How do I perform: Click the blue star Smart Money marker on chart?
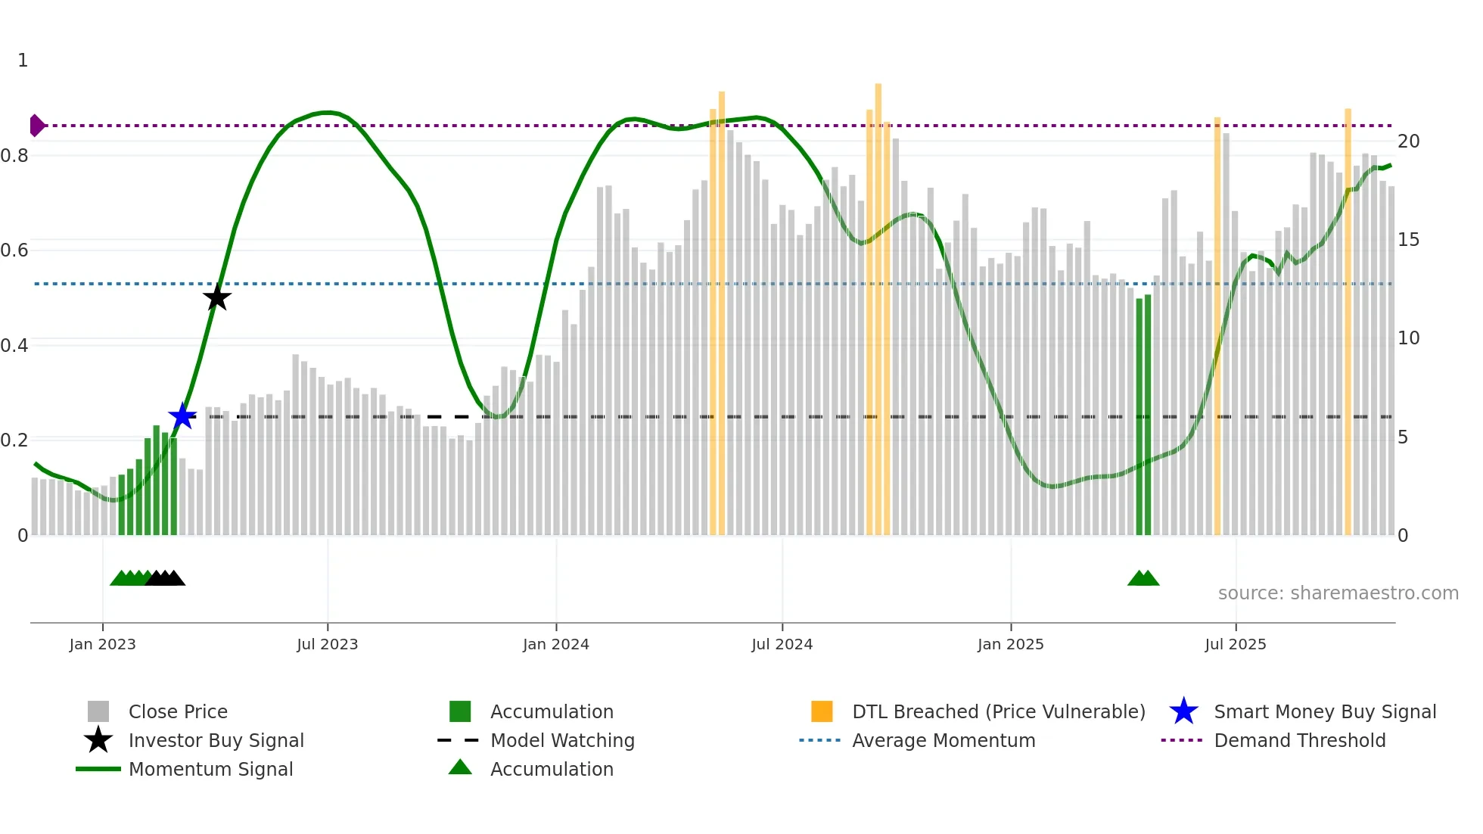coord(182,416)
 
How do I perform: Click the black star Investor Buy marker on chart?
coord(217,297)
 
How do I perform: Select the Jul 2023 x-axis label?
coord(327,644)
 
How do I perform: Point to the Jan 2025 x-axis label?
coord(1010,644)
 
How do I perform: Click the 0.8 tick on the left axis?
coord(15,156)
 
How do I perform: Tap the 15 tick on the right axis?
coord(1408,240)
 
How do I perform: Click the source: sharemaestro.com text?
coord(1338,593)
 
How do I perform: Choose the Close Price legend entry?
coord(178,711)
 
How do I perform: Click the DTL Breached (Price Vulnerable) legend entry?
coord(998,711)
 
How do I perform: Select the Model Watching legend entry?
coord(562,740)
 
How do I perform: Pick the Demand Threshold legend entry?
coord(1299,740)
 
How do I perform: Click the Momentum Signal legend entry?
coord(210,769)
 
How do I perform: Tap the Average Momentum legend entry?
coord(943,740)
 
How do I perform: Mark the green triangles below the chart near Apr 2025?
coord(1143,578)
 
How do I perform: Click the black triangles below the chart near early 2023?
coord(166,578)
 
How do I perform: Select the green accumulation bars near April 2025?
coord(1143,416)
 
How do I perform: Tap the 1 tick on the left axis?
coord(23,61)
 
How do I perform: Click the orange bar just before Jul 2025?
coord(1217,325)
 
